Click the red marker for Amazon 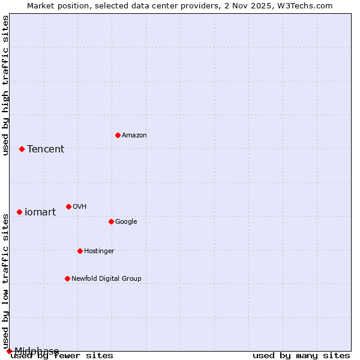(x=118, y=135)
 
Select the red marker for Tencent (x=22, y=149)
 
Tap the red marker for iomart (x=19, y=212)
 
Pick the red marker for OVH (x=68, y=206)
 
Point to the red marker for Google (x=111, y=221)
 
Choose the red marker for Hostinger (x=80, y=251)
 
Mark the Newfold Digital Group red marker (x=67, y=278)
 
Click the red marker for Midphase (x=9, y=351)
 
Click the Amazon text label (x=134, y=135)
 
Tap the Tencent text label (x=46, y=149)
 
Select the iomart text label (x=40, y=212)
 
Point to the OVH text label (x=80, y=206)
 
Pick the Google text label (x=126, y=221)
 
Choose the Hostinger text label (x=99, y=251)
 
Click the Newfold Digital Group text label (x=106, y=278)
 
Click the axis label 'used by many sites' (x=301, y=355)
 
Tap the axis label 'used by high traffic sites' (x=5, y=85)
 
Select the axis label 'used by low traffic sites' (x=5, y=281)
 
